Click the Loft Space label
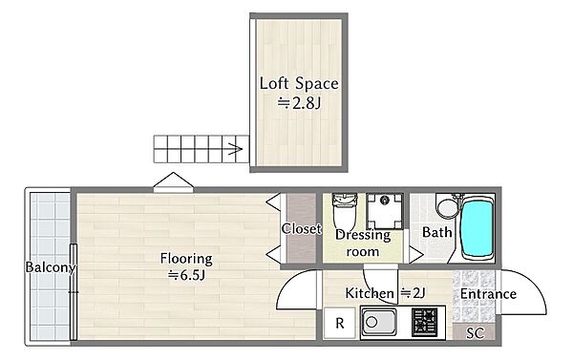tap(299, 83)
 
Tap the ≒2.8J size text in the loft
tap(299, 103)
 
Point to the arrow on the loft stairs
tap(235, 149)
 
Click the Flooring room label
tap(186, 259)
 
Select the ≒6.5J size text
tap(186, 275)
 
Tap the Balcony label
tap(50, 267)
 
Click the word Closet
tap(301, 229)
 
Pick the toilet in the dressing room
tap(344, 211)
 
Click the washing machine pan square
tap(385, 211)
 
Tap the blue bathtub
tap(477, 228)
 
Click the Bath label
tap(436, 232)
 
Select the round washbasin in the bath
tap(447, 207)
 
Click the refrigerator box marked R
tap(339, 323)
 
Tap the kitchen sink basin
tap(379, 322)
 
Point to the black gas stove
tap(424, 323)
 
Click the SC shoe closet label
tap(475, 333)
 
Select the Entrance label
tap(488, 294)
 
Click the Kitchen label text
tap(370, 293)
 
